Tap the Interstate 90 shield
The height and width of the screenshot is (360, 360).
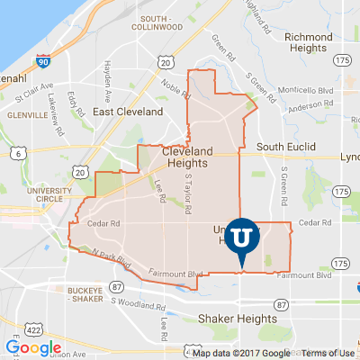pyautogui.click(x=43, y=61)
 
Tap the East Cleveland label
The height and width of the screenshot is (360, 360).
pyautogui.click(x=128, y=112)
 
